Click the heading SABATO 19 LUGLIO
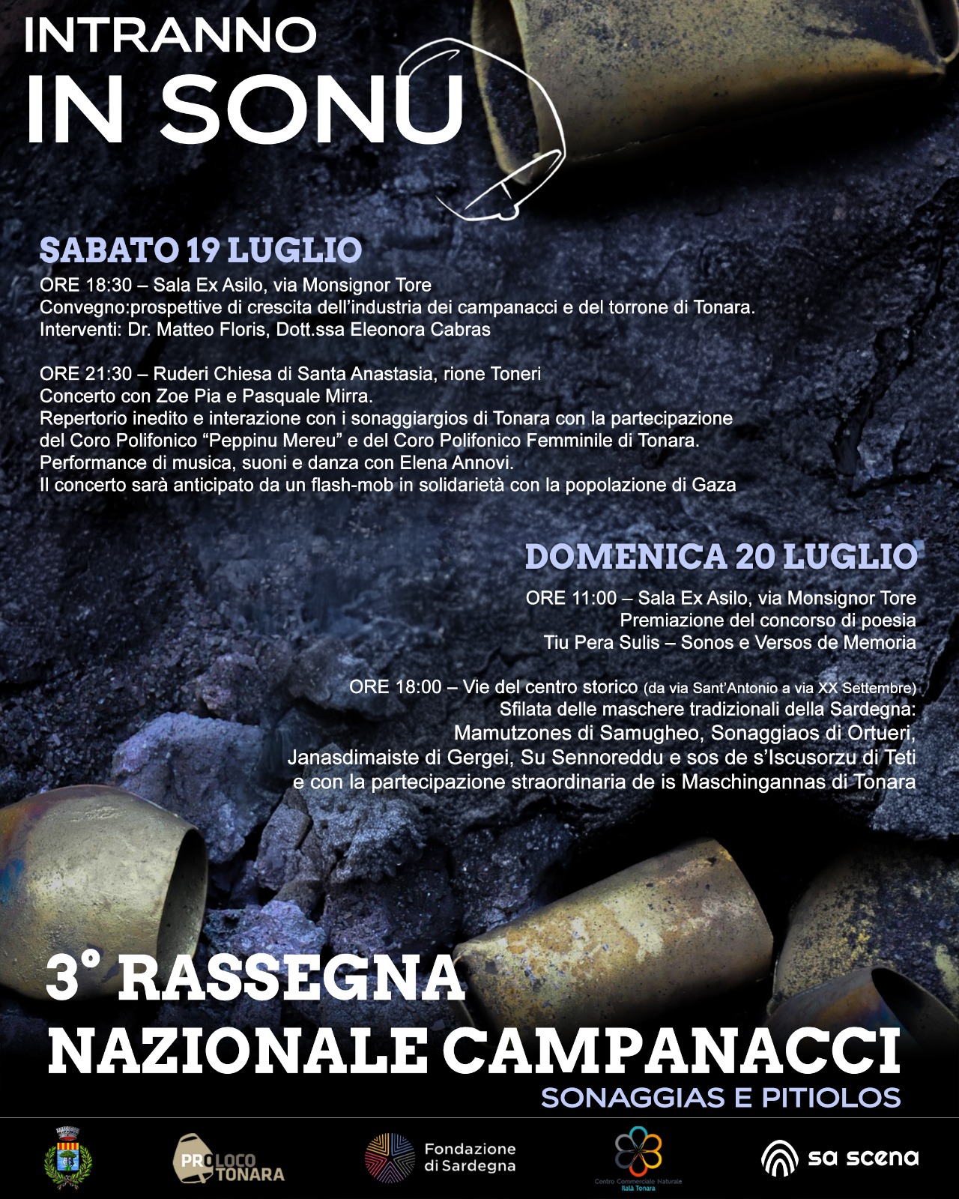[x=200, y=250]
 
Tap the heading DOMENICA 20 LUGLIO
[x=721, y=557]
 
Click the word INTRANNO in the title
[x=170, y=36]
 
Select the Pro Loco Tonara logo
[x=229, y=1159]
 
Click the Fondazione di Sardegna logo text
[x=470, y=1157]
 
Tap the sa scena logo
[x=839, y=1158]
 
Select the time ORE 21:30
[x=85, y=373]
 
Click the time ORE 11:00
[x=571, y=598]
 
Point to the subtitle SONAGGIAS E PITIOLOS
[x=720, y=1098]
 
